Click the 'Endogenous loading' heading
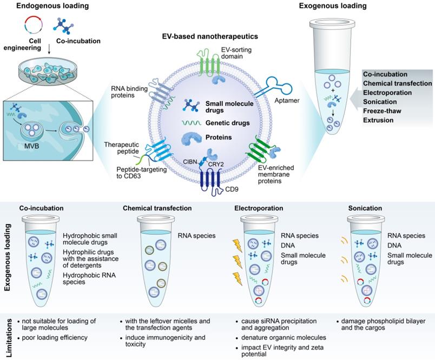[45, 6]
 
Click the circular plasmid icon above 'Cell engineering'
[33, 25]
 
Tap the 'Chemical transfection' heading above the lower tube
[157, 208]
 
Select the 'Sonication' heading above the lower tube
[365, 208]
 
